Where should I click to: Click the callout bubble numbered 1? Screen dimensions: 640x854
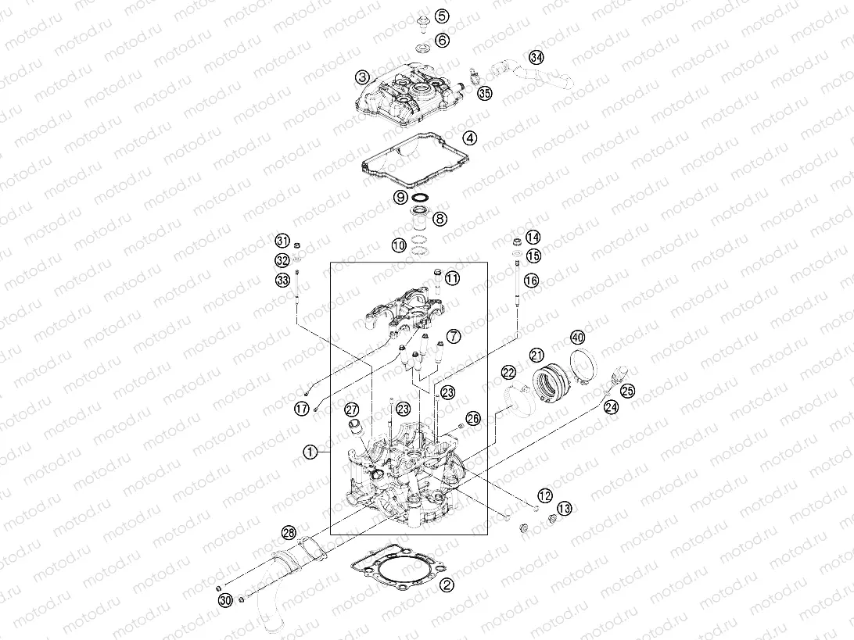coord(310,452)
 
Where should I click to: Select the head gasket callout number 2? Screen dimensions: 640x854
coord(446,584)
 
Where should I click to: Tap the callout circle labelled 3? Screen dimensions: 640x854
coord(361,77)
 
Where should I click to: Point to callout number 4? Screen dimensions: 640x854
coord(469,138)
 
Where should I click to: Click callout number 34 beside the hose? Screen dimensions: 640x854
coord(535,58)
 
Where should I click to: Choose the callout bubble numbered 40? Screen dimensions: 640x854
coord(577,338)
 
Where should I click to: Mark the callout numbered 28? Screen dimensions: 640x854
coord(289,533)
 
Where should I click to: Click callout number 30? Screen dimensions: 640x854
coord(226,600)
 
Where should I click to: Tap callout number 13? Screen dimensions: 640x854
coord(564,509)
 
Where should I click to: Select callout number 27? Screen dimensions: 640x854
coord(351,409)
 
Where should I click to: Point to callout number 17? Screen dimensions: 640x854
coord(301,407)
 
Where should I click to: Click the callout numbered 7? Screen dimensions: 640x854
coord(454,337)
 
